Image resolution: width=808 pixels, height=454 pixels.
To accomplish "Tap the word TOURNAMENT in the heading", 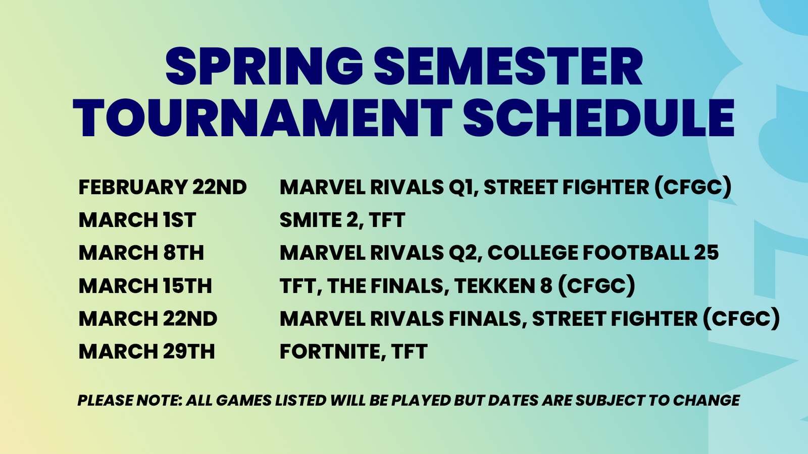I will (x=263, y=119).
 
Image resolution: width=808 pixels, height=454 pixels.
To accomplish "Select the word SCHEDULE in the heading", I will (x=598, y=119).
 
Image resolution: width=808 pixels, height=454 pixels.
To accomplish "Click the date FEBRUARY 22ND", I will (x=163, y=188).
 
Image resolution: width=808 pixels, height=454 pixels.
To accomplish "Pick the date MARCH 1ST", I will (x=137, y=220).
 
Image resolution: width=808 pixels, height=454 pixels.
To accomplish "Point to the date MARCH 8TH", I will (x=141, y=253).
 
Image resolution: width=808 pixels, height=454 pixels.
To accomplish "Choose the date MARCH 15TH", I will (x=145, y=286).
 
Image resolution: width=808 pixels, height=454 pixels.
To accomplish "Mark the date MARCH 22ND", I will (x=148, y=319).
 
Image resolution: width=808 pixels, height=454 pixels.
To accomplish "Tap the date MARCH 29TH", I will (x=146, y=352).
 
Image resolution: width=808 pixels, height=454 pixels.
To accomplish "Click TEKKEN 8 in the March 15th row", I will (x=503, y=286).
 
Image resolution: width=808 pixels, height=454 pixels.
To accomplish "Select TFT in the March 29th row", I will (x=409, y=352).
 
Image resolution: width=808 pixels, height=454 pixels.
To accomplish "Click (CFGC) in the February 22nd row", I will (x=693, y=188).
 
